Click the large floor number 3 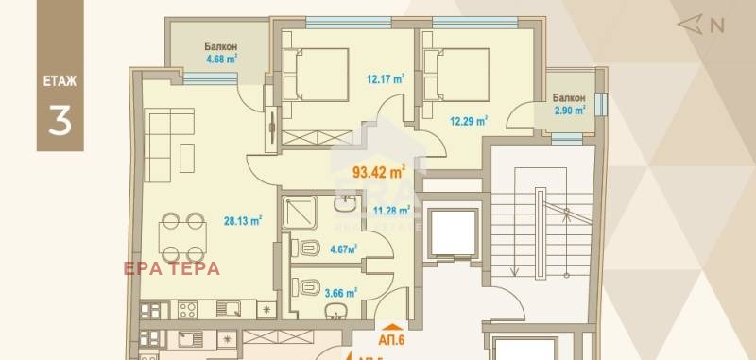59,119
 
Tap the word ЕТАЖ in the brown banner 59,81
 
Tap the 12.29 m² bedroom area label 468,120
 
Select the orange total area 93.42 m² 378,172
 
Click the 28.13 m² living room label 240,221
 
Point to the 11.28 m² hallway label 390,211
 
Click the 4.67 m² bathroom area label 342,249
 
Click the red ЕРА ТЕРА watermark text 172,268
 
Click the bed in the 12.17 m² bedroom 307,76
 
